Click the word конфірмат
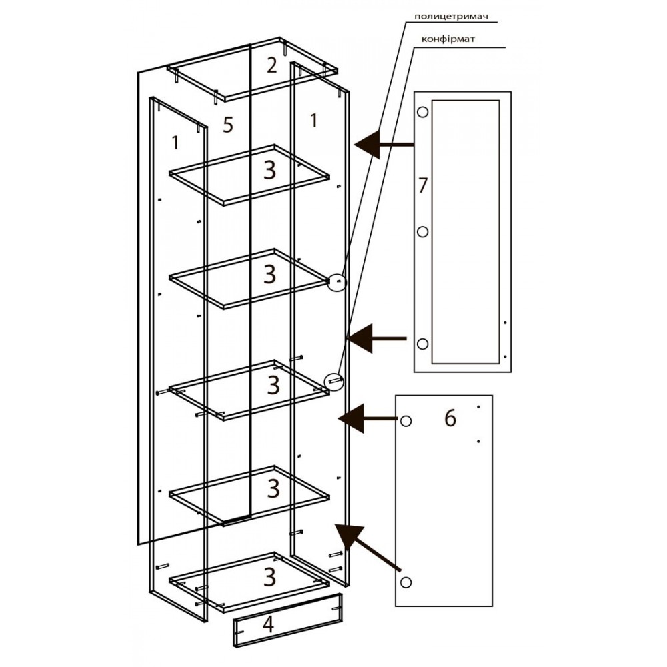(x=448, y=39)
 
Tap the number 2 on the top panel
(x=271, y=65)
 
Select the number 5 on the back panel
(x=228, y=125)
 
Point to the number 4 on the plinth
(x=268, y=624)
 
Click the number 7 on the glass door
(x=422, y=185)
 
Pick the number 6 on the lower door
(x=450, y=418)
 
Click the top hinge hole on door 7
(x=422, y=112)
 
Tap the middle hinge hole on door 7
(x=422, y=232)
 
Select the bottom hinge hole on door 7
(x=422, y=344)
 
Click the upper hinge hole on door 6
(x=406, y=421)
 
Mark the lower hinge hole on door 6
(x=406, y=582)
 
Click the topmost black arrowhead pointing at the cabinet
(x=367, y=145)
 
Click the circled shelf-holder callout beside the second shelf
(x=338, y=282)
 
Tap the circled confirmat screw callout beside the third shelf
(x=333, y=381)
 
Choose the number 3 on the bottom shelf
(x=270, y=577)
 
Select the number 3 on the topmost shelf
(x=270, y=171)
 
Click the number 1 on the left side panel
(x=175, y=143)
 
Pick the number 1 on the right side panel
(x=313, y=120)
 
